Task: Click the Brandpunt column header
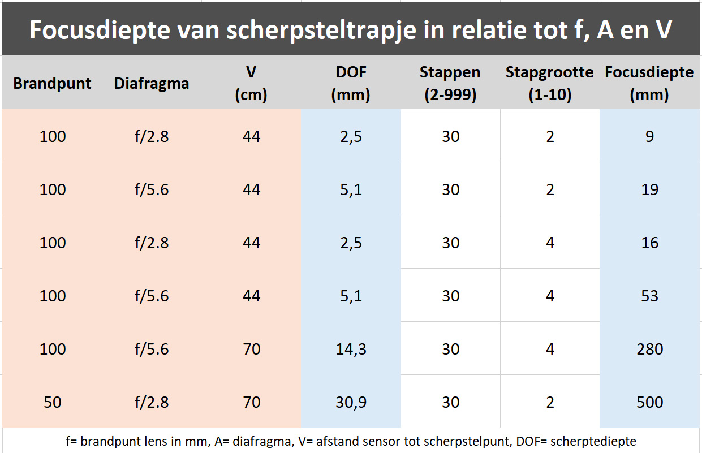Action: pos(52,84)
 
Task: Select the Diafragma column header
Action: pos(152,84)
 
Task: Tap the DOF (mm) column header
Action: pos(351,84)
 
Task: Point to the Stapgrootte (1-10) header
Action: pos(550,84)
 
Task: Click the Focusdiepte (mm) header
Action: pos(649,84)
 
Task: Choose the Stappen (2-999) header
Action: pos(450,84)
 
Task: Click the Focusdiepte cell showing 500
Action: pos(649,402)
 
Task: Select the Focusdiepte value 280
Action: pos(649,349)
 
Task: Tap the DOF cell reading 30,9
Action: pos(351,402)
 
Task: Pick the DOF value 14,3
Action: pos(351,349)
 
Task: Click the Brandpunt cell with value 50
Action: pos(52,402)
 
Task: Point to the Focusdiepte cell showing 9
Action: pos(649,136)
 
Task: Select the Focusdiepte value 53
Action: pos(649,296)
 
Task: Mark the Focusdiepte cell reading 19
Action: pos(649,189)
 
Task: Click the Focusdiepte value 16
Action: pos(649,243)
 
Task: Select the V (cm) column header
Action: pos(251,84)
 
